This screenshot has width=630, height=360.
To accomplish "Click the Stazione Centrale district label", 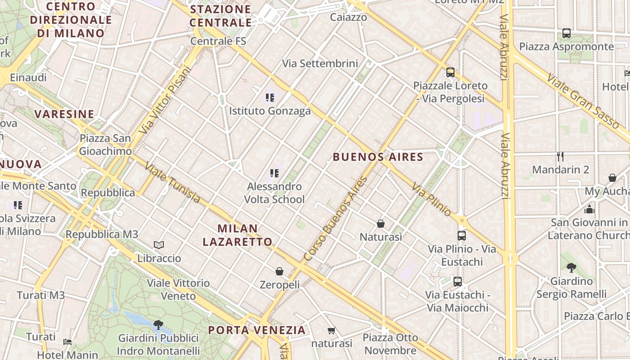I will pyautogui.click(x=220, y=16).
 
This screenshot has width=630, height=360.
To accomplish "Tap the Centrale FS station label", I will pyautogui.click(x=218, y=41).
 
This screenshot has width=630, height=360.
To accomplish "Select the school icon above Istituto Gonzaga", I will pyautogui.click(x=270, y=97).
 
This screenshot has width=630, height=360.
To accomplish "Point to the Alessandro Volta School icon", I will pyautogui.click(x=274, y=173).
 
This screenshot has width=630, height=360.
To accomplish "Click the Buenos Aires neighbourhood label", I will pyautogui.click(x=378, y=157).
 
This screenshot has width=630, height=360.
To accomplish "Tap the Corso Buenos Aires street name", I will pyautogui.click(x=336, y=219).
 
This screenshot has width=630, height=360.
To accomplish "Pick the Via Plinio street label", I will pyautogui.click(x=431, y=199).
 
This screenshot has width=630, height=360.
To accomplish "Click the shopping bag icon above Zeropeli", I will pyautogui.click(x=279, y=271).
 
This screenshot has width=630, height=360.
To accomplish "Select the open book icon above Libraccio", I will pyautogui.click(x=159, y=245).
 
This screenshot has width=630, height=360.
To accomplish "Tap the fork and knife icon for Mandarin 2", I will pyautogui.click(x=560, y=157).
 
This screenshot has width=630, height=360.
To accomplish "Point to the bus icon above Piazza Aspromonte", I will pyautogui.click(x=567, y=33).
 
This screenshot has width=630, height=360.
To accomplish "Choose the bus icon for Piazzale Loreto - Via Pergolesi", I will pyautogui.click(x=450, y=72).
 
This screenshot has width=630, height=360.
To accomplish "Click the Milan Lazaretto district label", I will pyautogui.click(x=238, y=235).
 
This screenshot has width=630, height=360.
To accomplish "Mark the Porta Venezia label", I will pyautogui.click(x=256, y=330).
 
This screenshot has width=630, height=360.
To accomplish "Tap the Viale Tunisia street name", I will pyautogui.click(x=172, y=182).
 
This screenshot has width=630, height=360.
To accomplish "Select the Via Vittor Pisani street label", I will pyautogui.click(x=165, y=100).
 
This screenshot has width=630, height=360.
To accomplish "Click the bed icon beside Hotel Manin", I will pyautogui.click(x=67, y=342).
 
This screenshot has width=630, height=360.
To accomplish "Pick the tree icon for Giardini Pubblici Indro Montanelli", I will pyautogui.click(x=158, y=324).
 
